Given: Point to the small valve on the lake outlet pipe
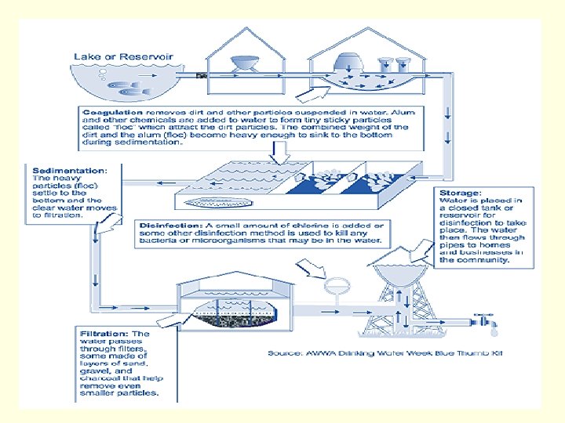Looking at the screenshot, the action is pyautogui.click(x=201, y=76).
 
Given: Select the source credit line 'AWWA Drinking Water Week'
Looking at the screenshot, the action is pyautogui.click(x=384, y=353).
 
